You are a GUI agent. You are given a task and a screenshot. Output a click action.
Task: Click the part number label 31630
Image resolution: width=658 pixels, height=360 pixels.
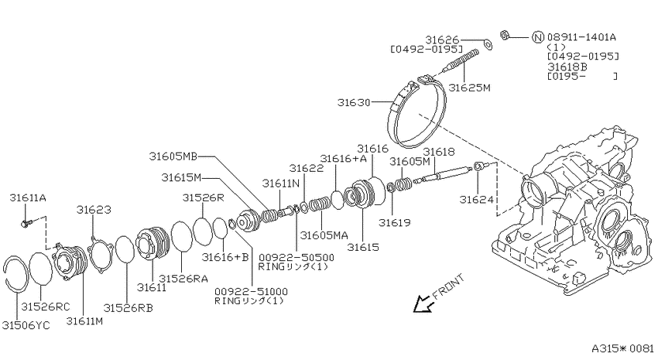point(354,102)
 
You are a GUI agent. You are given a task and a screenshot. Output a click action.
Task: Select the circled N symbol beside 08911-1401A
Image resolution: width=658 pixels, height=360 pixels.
point(538,37)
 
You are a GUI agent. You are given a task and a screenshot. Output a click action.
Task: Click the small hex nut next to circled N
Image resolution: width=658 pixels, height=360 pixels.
point(505,35)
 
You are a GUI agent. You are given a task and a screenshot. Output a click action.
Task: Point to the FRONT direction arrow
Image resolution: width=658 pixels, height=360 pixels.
point(423,303)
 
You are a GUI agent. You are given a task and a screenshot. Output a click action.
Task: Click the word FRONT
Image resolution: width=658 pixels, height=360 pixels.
point(448,286)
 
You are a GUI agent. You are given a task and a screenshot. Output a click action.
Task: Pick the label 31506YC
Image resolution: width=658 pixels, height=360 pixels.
point(26,325)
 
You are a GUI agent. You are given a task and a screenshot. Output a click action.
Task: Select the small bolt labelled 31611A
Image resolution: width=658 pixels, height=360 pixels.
point(25,224)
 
